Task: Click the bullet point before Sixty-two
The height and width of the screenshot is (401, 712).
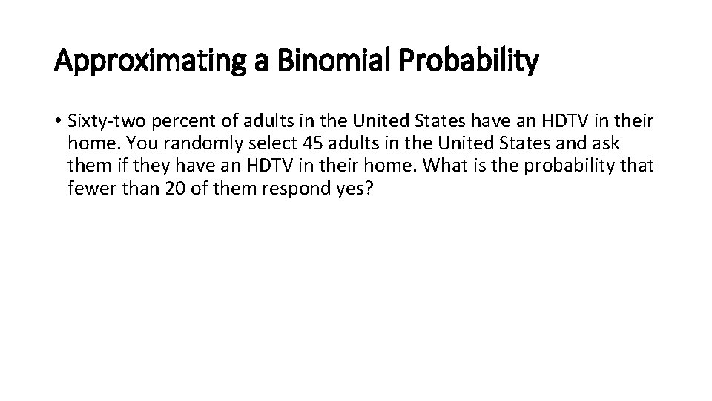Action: [59, 120]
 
